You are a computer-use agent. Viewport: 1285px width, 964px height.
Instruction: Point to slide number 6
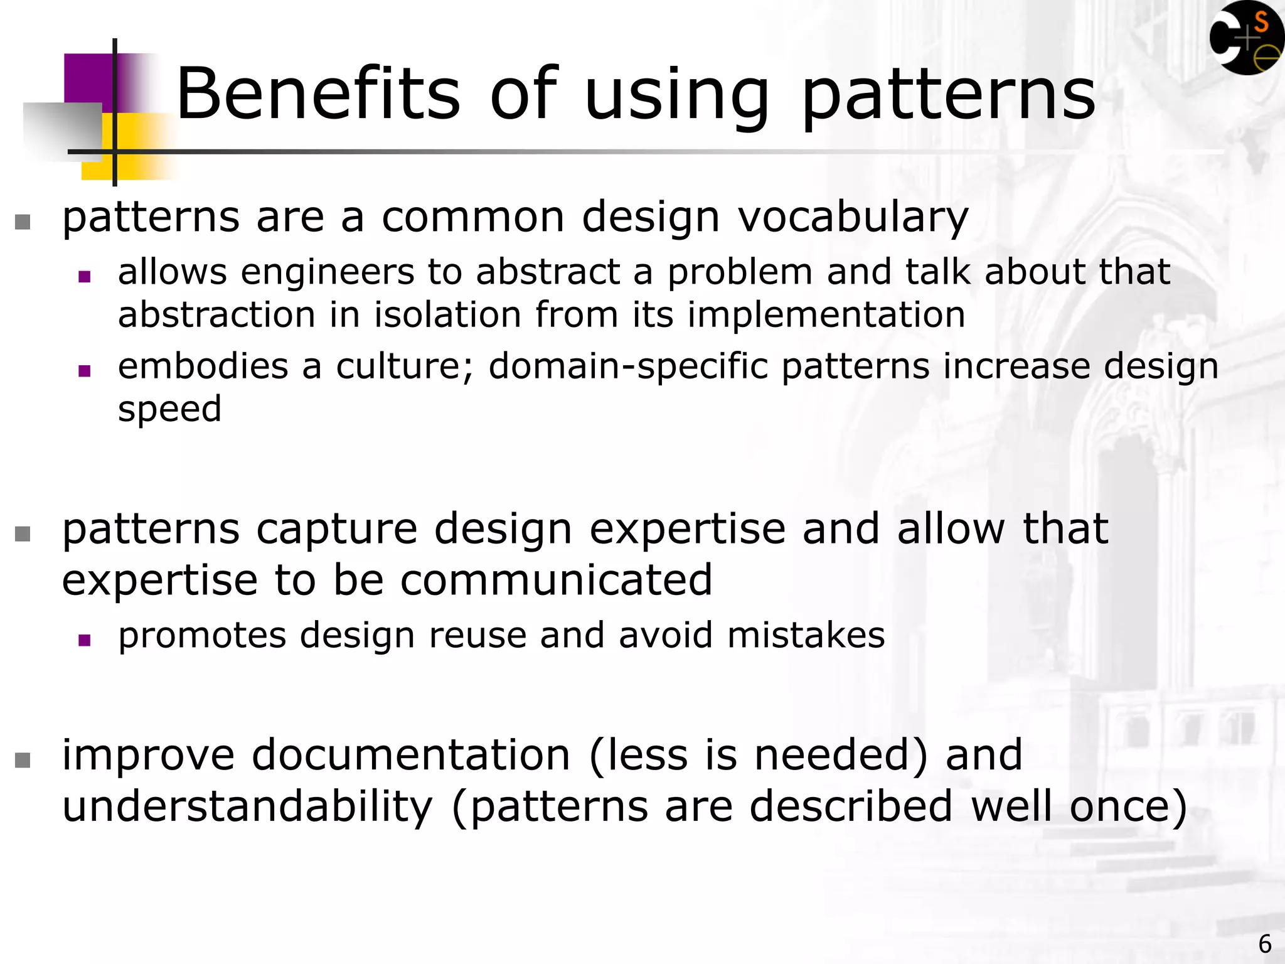[1264, 944]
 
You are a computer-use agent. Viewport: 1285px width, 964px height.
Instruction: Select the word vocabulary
[853, 218]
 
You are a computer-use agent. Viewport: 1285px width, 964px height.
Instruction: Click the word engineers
[328, 272]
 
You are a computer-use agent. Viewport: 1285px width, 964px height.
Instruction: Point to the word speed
[169, 410]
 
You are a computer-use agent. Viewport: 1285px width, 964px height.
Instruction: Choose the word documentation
[411, 754]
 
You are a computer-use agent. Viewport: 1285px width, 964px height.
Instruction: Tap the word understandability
[248, 806]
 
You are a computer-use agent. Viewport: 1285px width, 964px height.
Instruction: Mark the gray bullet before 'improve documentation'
[23, 761]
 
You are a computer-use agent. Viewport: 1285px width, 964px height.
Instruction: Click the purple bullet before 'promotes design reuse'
[85, 641]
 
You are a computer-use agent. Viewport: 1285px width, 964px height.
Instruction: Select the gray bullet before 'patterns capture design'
[23, 534]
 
